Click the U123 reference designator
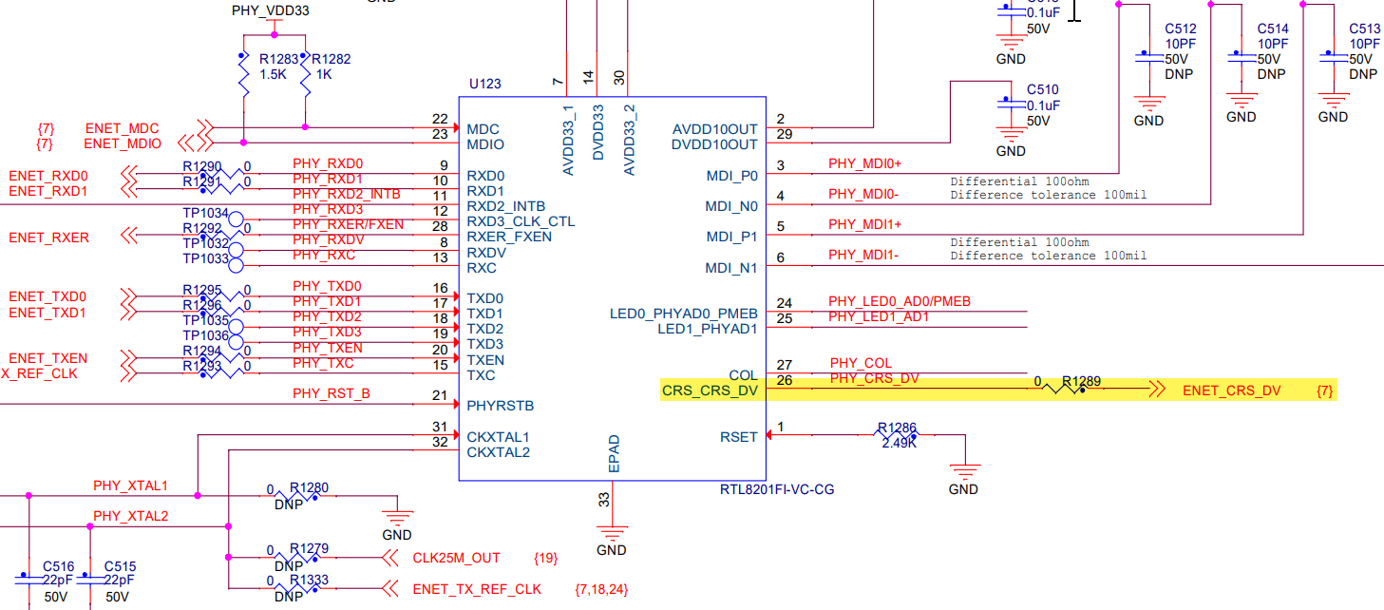click(x=484, y=84)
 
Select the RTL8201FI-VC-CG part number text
click(x=777, y=489)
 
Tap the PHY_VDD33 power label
click(x=270, y=11)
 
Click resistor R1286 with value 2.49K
click(x=898, y=436)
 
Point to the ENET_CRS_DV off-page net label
click(x=1231, y=391)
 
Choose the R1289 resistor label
click(x=1081, y=381)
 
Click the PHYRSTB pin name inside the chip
click(x=500, y=406)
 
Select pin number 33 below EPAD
click(x=604, y=497)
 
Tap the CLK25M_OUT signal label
click(x=456, y=558)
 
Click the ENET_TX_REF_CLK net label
click(x=477, y=589)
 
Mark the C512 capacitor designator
click(x=1181, y=29)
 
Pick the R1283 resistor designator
click(x=278, y=59)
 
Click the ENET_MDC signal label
click(x=123, y=128)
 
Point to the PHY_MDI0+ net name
click(x=864, y=163)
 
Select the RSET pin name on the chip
click(x=739, y=437)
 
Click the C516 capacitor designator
click(x=59, y=566)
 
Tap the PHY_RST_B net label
click(x=331, y=393)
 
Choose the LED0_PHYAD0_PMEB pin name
click(x=683, y=314)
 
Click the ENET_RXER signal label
click(x=48, y=238)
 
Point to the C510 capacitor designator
click(x=1042, y=89)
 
